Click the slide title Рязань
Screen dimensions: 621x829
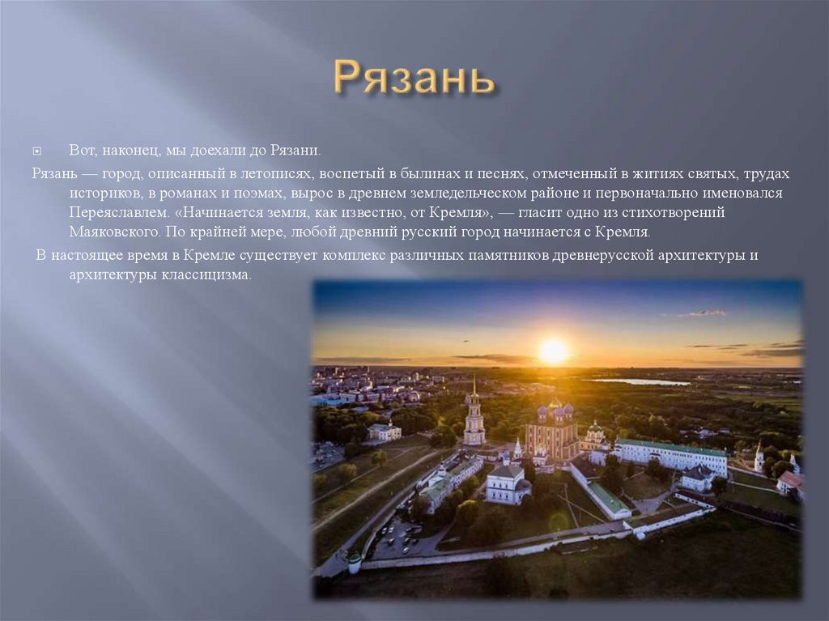[414, 79]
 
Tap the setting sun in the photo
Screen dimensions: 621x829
[554, 351]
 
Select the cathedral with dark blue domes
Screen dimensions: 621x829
[551, 428]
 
